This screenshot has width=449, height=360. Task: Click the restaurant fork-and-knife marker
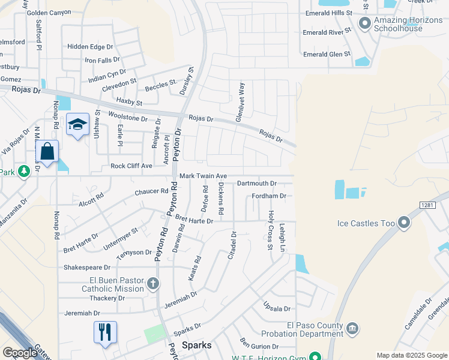click(105, 332)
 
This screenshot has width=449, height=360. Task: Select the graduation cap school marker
click(77, 124)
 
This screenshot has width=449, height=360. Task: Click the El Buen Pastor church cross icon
click(153, 283)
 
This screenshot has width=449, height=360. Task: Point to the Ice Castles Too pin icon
click(404, 223)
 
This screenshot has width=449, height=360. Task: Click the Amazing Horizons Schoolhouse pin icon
click(364, 24)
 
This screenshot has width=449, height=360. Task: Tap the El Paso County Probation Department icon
click(352, 328)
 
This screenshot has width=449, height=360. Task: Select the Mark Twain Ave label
click(203, 176)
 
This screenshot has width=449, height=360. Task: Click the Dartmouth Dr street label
click(256, 183)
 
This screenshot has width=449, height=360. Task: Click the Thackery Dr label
click(90, 299)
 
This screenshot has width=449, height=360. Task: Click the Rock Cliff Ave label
click(131, 166)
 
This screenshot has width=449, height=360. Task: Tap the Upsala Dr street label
click(277, 308)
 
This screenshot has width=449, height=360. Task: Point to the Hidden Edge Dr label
click(90, 47)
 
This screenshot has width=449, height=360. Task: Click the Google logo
click(20, 352)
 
